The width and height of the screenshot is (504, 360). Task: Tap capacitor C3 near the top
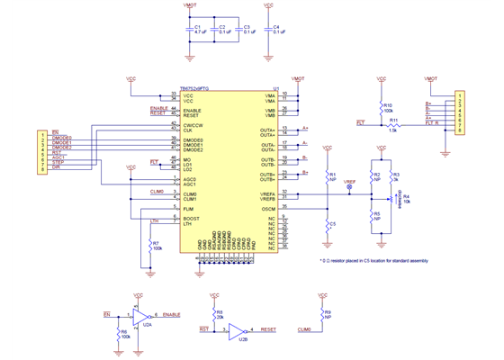point(239,30)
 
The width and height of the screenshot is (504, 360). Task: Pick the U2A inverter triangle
point(142,315)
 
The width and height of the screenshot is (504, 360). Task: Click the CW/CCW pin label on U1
point(193,124)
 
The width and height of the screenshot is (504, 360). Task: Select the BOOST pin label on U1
point(190,218)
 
